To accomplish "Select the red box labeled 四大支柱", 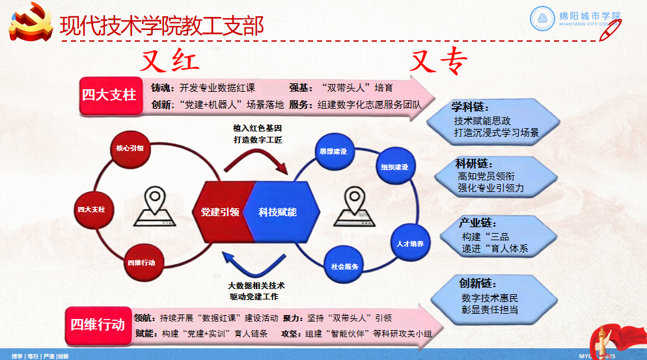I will [109, 95].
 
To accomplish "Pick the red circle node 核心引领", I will [129, 148].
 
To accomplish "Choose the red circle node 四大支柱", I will [91, 210].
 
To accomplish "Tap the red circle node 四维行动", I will [141, 262].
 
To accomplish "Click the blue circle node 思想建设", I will [333, 151].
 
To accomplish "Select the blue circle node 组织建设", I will [394, 167].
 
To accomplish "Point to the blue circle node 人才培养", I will [410, 243].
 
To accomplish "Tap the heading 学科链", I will [470, 107].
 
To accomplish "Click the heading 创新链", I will [478, 284].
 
